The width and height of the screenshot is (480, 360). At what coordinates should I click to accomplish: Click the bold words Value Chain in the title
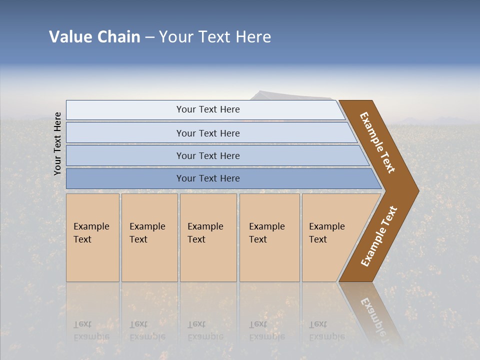point(94,37)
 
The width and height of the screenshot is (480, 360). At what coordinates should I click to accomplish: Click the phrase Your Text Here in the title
point(215,37)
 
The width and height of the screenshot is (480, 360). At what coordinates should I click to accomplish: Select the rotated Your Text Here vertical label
point(57,143)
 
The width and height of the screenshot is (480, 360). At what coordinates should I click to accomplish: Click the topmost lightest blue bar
point(207,109)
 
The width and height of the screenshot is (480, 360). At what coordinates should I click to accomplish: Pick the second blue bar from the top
point(207,133)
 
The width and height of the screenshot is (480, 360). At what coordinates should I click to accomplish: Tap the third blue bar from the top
point(207,155)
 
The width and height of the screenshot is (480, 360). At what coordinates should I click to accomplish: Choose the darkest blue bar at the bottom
point(207,178)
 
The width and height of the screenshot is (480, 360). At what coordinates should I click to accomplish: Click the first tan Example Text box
point(92,237)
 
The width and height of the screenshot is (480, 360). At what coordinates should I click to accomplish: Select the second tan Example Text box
point(149,237)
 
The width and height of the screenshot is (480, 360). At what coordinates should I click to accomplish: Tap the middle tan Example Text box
point(208,237)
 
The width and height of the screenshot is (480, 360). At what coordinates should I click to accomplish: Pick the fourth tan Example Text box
point(269,237)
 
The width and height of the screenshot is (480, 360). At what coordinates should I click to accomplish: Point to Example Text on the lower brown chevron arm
point(379,236)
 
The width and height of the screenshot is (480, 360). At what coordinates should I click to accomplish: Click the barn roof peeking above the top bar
point(290,95)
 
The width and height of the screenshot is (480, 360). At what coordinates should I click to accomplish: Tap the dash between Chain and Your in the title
point(149,37)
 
